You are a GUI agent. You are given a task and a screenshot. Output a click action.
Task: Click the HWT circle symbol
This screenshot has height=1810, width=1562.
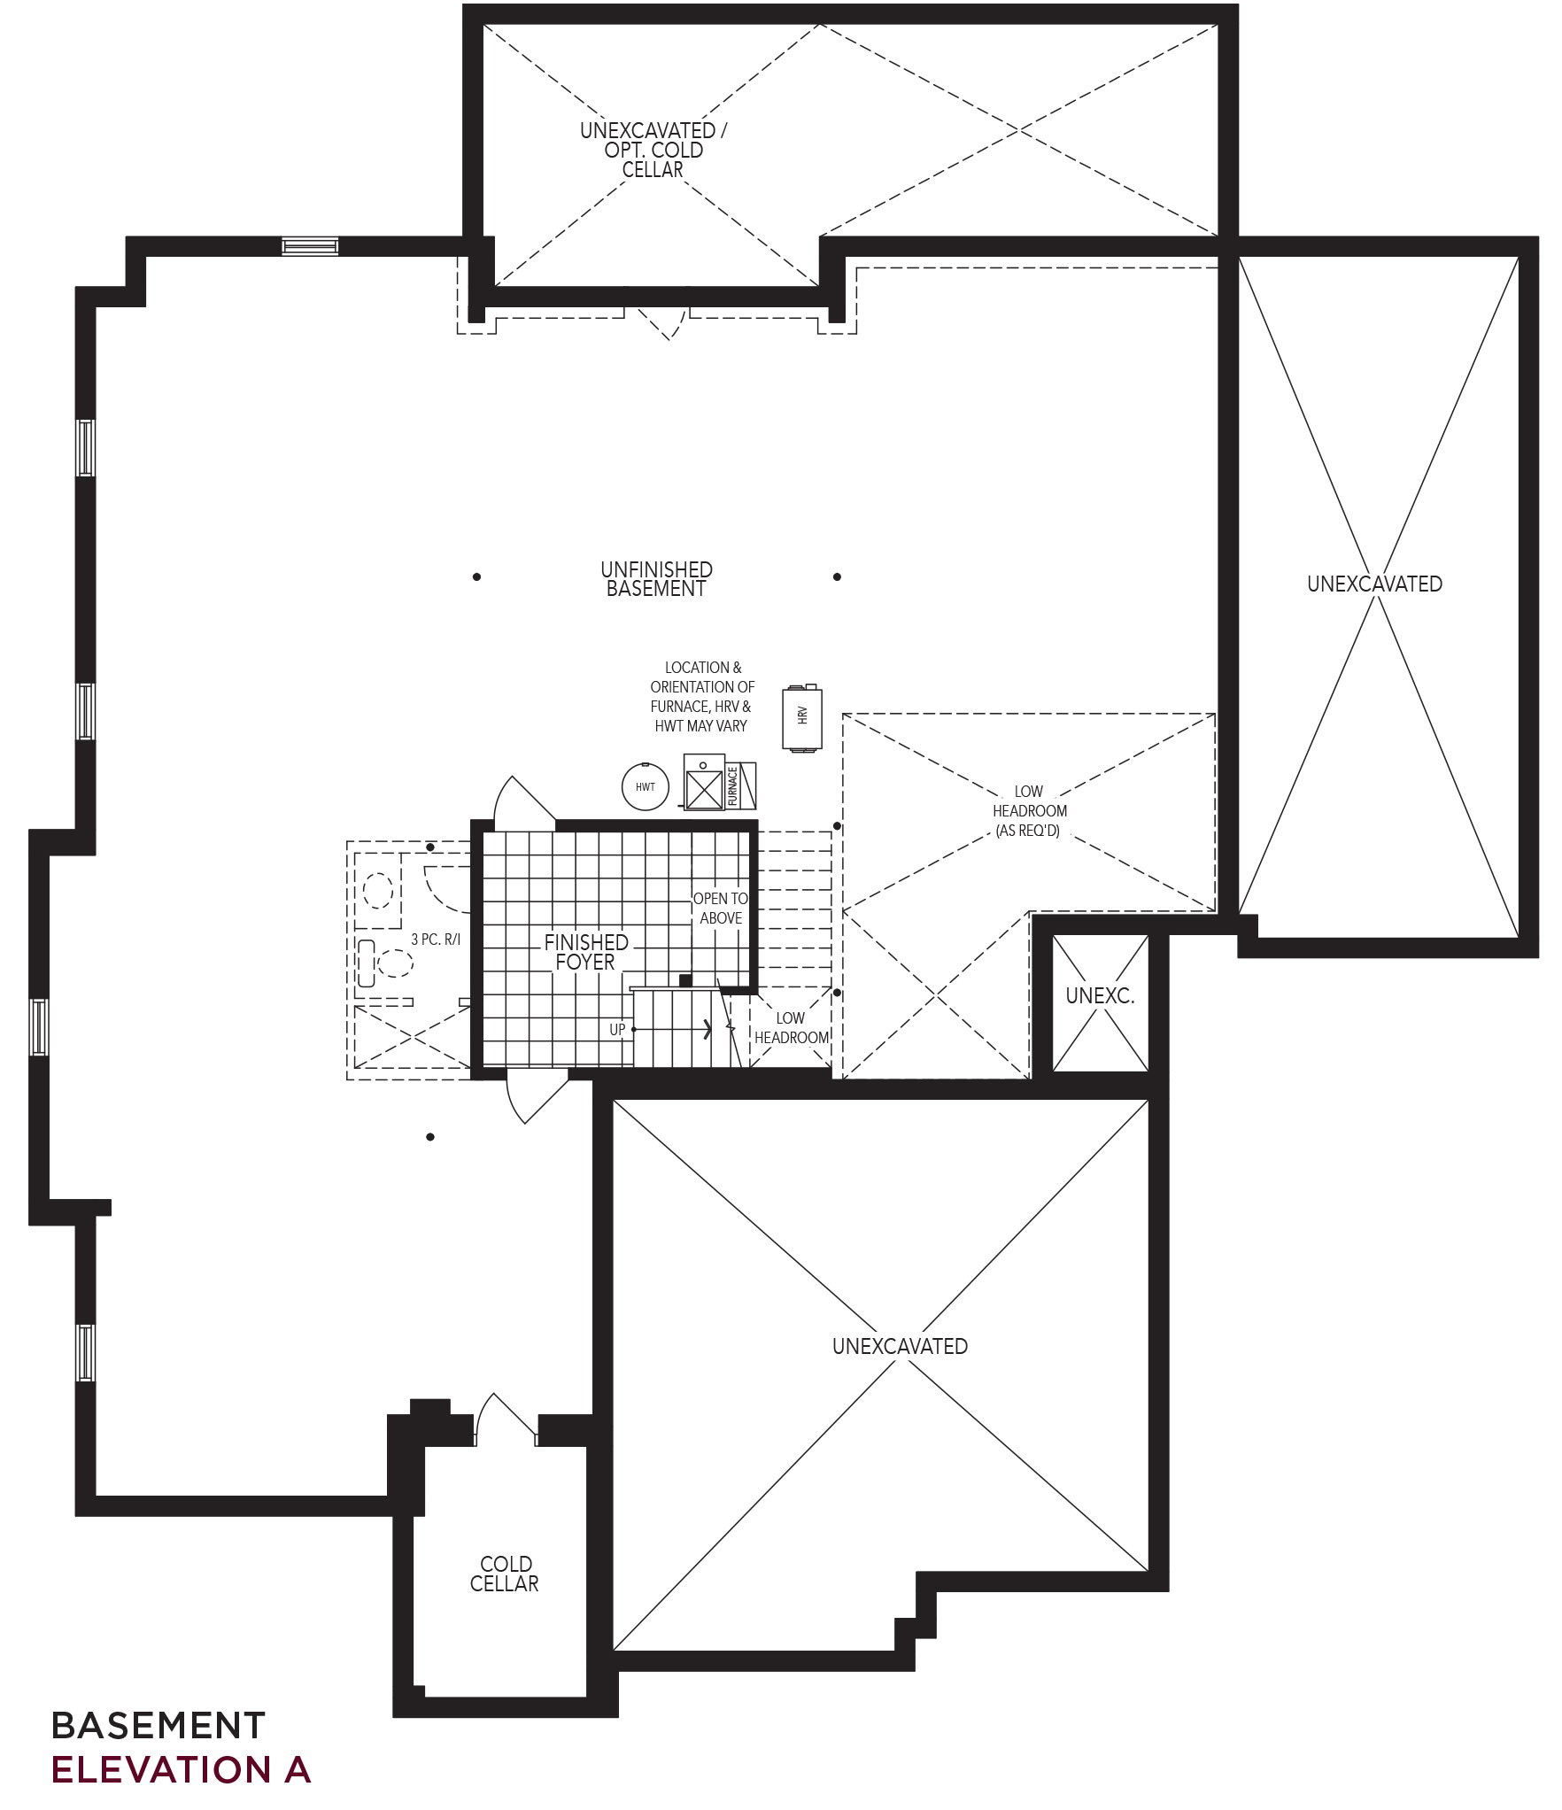[645, 786]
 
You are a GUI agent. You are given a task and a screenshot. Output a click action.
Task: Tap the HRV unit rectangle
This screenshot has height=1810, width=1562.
[802, 718]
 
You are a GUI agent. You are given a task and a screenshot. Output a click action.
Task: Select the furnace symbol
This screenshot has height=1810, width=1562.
[719, 782]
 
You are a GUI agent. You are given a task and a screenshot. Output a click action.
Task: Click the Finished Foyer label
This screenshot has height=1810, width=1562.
[585, 952]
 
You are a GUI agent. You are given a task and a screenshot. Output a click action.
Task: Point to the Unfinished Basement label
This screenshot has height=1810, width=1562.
[656, 579]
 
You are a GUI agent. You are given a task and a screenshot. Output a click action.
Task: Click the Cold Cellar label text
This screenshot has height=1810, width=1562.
[505, 1574]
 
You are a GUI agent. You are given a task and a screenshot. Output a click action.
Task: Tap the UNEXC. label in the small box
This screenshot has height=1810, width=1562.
[1100, 995]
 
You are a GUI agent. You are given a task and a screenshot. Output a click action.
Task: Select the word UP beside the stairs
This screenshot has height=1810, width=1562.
[617, 1030]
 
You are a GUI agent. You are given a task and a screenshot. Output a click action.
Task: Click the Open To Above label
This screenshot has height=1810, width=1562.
[721, 909]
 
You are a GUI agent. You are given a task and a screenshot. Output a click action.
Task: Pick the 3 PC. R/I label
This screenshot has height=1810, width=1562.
[436, 940]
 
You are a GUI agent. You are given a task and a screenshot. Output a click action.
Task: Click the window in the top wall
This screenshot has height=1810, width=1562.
[310, 245]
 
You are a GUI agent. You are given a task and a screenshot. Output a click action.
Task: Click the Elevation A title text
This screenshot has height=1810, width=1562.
[182, 1768]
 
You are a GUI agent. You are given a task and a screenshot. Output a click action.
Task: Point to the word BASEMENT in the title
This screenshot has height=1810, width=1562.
[159, 1725]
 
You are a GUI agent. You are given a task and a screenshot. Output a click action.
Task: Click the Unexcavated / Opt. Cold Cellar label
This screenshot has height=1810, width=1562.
[653, 150]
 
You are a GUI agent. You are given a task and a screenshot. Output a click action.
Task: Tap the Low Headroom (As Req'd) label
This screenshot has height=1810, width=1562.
[1029, 811]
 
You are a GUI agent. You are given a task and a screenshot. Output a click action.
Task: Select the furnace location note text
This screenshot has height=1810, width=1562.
[702, 696]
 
